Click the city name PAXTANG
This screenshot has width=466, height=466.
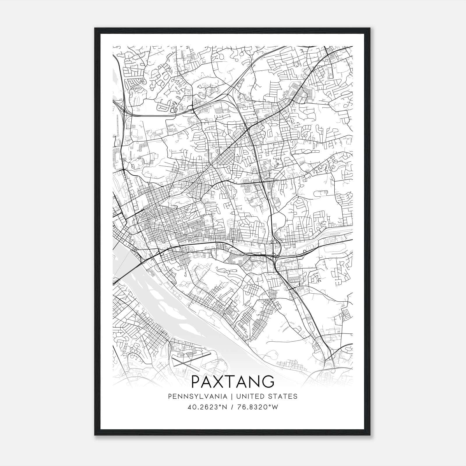pos(233,382)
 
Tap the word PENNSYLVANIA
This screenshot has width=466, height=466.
pos(193,396)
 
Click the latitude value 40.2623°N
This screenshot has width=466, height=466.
pos(207,407)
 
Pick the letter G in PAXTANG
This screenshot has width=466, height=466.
pos(267,382)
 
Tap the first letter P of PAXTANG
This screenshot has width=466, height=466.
pos(197,382)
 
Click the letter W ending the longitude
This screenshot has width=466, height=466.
pos(275,407)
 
